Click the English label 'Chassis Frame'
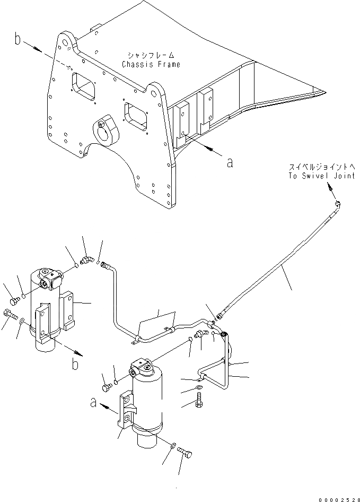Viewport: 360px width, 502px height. (x=151, y=65)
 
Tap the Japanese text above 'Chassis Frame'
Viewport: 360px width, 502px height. (x=151, y=55)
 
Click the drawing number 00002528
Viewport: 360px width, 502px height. (x=339, y=499)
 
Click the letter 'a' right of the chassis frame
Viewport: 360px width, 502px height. (x=229, y=163)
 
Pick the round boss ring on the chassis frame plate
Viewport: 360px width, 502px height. (x=109, y=131)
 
